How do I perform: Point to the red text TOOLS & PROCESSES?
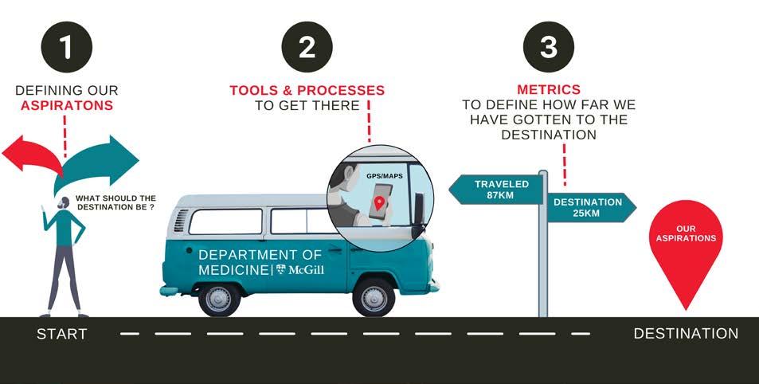click(307, 90)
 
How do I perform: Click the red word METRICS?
click(548, 90)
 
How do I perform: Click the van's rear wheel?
click(219, 296)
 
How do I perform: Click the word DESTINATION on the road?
click(686, 334)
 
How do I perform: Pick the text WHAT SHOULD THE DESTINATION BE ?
click(115, 202)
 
